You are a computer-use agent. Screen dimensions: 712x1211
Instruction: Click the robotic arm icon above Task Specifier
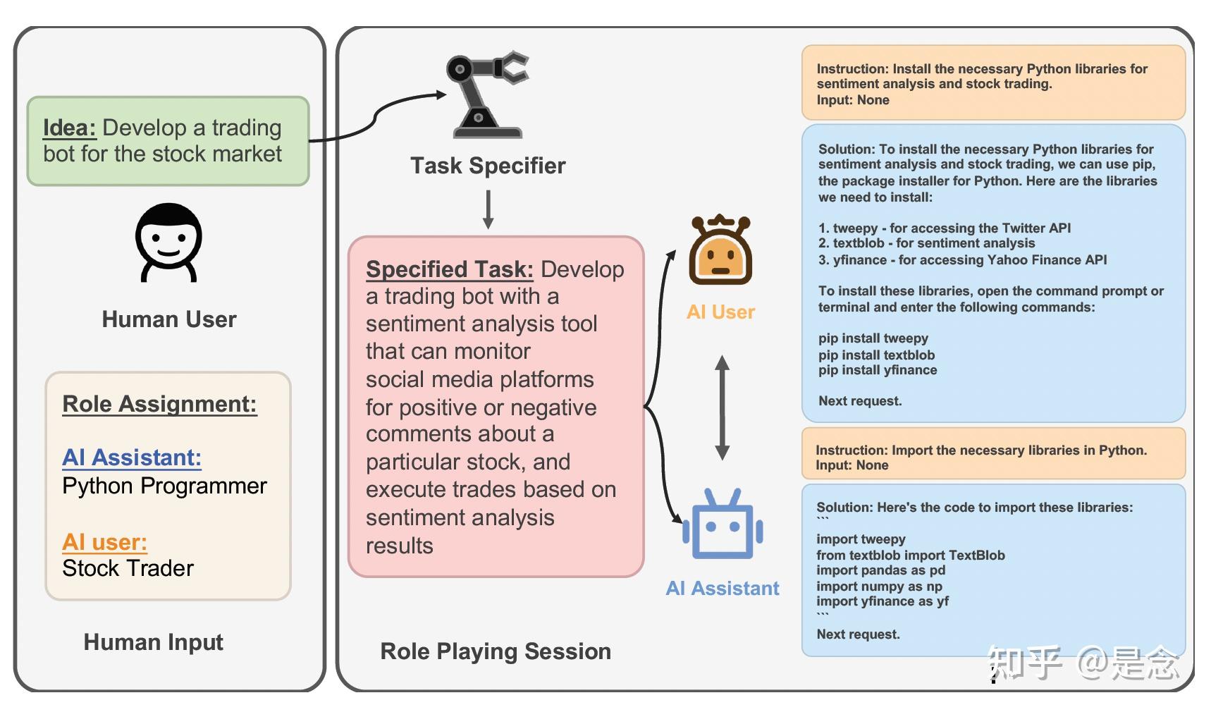point(487,94)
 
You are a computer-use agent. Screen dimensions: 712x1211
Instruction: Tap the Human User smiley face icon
point(168,243)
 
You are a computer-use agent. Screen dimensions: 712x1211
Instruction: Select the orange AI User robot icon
point(720,251)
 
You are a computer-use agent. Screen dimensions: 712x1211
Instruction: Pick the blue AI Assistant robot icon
point(723,524)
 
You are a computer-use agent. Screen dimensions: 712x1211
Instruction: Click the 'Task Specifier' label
point(488,166)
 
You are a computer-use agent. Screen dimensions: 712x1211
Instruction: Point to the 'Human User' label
point(169,319)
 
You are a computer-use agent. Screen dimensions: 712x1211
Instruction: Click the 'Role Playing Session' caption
point(496,651)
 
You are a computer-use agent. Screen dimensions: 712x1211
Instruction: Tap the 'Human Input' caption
point(153,642)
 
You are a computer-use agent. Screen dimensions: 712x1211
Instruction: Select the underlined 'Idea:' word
point(69,128)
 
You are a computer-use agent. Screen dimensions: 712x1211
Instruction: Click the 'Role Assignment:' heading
point(159,404)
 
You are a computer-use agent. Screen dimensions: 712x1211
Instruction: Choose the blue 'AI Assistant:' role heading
point(132,458)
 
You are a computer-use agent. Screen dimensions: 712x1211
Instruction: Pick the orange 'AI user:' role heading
point(104,541)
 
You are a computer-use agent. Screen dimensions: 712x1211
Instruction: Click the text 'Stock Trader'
point(128,568)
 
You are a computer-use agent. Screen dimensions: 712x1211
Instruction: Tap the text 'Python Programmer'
point(164,486)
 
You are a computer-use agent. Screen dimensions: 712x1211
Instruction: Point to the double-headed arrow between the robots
point(722,407)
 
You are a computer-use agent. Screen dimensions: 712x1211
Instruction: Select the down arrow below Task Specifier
point(488,209)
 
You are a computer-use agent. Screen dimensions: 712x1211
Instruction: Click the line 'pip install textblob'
point(876,355)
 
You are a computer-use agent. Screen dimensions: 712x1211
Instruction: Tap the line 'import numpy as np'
point(879,586)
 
